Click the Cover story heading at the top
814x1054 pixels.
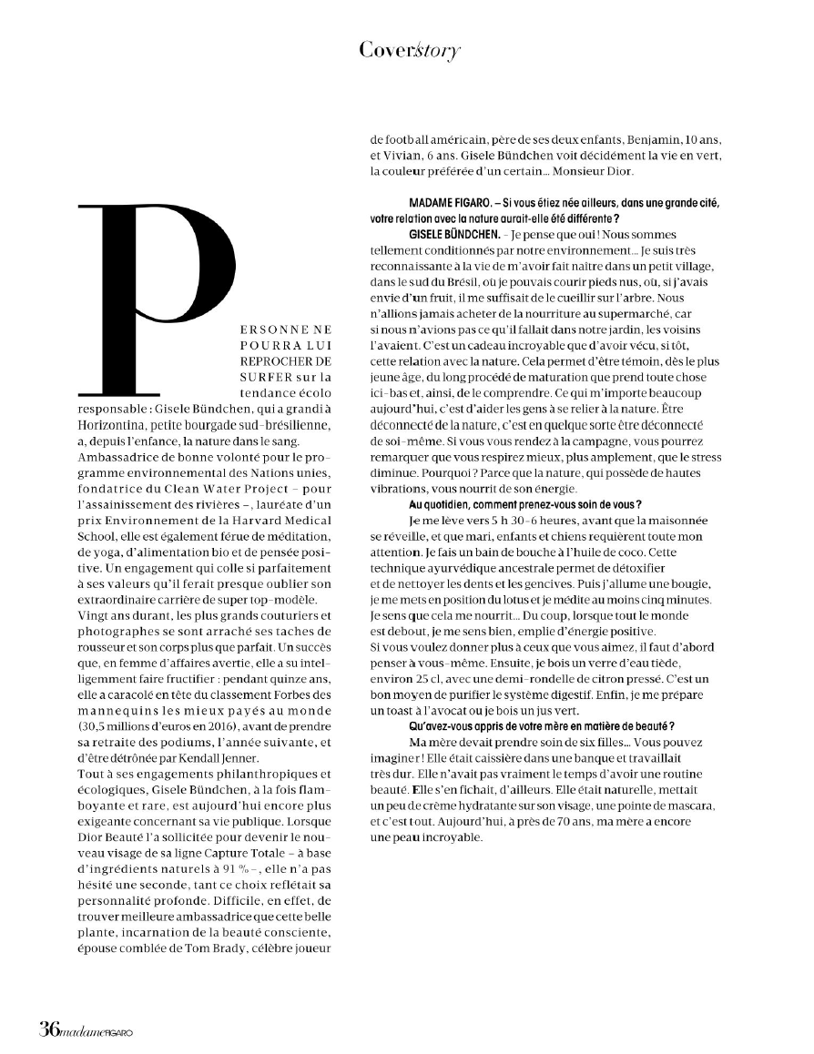[x=409, y=50]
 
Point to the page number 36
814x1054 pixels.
[x=49, y=1029]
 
